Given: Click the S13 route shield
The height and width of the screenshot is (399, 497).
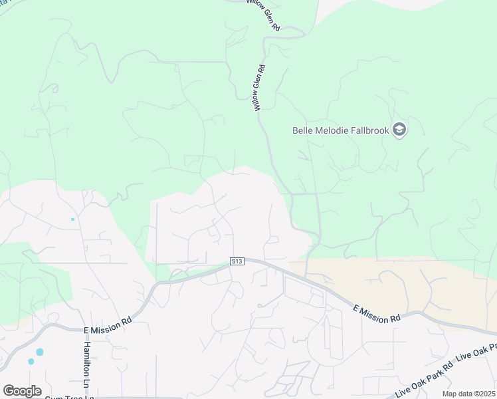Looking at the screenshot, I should point(237,261).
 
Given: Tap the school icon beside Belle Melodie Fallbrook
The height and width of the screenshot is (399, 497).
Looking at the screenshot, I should point(399,130).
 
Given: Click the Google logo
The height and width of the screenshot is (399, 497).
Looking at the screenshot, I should point(22,391).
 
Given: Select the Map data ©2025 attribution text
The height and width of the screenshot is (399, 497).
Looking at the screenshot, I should point(469,394).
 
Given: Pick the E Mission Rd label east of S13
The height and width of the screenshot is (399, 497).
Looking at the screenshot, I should point(377,313).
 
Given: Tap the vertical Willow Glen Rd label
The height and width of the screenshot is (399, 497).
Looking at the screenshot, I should point(256,88).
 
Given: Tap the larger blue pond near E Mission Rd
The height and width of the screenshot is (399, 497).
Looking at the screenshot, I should point(40,352).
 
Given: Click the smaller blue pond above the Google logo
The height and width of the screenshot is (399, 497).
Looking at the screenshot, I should point(31,361).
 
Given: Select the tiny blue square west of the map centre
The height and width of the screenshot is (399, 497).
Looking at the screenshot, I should point(72,219).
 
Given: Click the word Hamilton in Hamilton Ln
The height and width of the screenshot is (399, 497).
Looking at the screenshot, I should point(86,358).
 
